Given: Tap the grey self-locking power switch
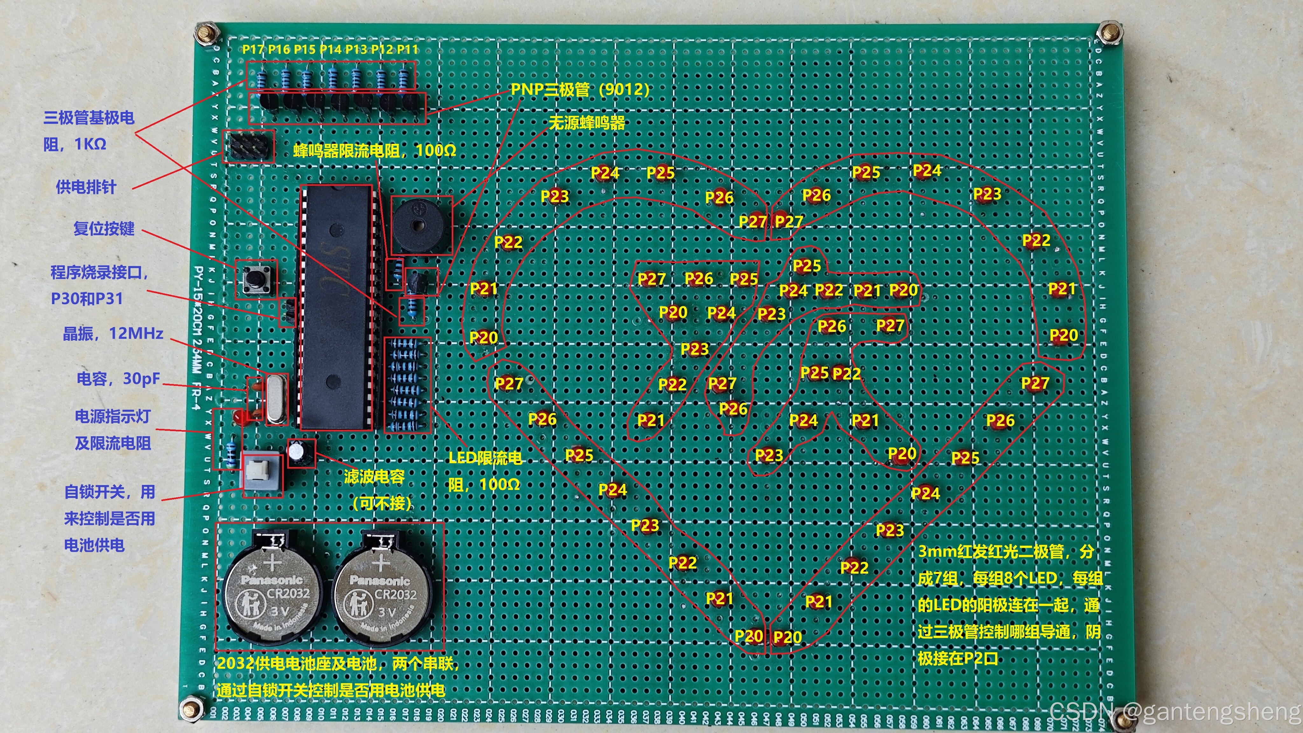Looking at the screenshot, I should tap(262, 473).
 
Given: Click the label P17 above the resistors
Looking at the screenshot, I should tap(253, 49).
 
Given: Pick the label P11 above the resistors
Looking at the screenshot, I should tap(408, 49).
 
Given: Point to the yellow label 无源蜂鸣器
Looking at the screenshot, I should tap(587, 123).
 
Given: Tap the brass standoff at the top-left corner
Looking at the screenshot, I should tap(206, 34).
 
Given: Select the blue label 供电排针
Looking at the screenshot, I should tap(86, 187).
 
